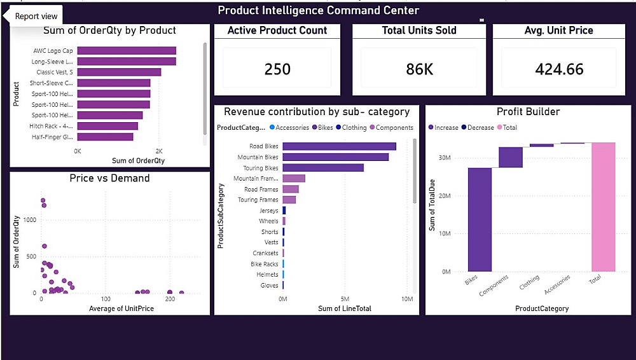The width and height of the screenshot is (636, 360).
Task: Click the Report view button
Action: pyautogui.click(x=36, y=17)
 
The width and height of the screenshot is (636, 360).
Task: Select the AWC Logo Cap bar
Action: pyautogui.click(x=127, y=51)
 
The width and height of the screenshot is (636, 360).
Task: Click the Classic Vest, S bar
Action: pyautogui.click(x=119, y=72)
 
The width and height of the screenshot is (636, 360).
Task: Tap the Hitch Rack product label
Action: pyautogui.click(x=53, y=126)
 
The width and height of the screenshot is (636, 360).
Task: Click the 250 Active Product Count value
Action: pyautogui.click(x=277, y=69)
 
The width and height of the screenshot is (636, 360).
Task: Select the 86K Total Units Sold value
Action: pyautogui.click(x=419, y=69)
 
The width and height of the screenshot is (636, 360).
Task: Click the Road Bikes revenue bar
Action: pyautogui.click(x=339, y=146)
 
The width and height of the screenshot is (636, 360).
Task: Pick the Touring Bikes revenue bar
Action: pyautogui.click(x=323, y=168)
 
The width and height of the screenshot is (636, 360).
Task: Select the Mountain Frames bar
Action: pyautogui.click(x=294, y=179)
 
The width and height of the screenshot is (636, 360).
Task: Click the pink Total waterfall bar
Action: pyautogui.click(x=604, y=207)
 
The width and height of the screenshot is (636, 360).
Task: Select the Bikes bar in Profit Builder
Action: pyautogui.click(x=480, y=219)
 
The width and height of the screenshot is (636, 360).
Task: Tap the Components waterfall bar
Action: pyautogui.click(x=510, y=158)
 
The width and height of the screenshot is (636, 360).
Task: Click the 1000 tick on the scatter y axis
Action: pyautogui.click(x=29, y=219)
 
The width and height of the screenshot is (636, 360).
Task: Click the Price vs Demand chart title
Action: pyautogui.click(x=109, y=178)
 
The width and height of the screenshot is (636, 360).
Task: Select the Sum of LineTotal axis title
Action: pyautogui.click(x=345, y=308)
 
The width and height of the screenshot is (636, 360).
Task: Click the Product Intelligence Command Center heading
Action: pyautogui.click(x=318, y=10)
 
